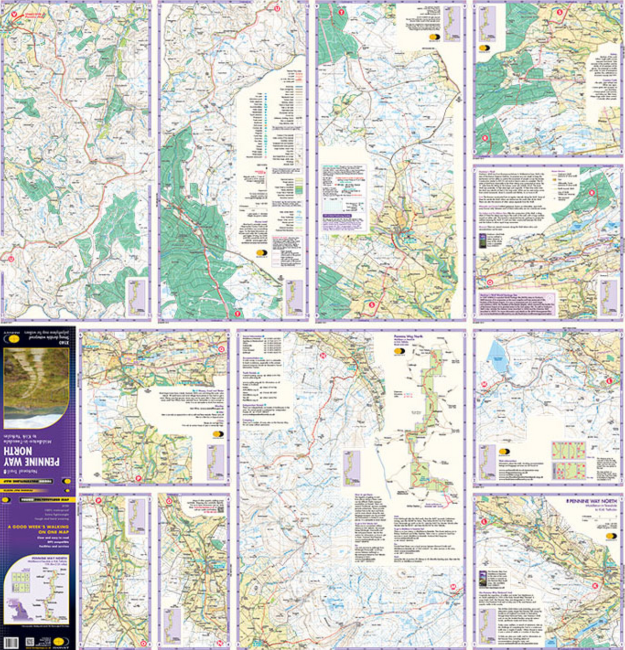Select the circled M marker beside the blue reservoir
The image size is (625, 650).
click(x=484, y=385)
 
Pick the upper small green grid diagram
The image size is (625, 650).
click(x=568, y=449)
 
